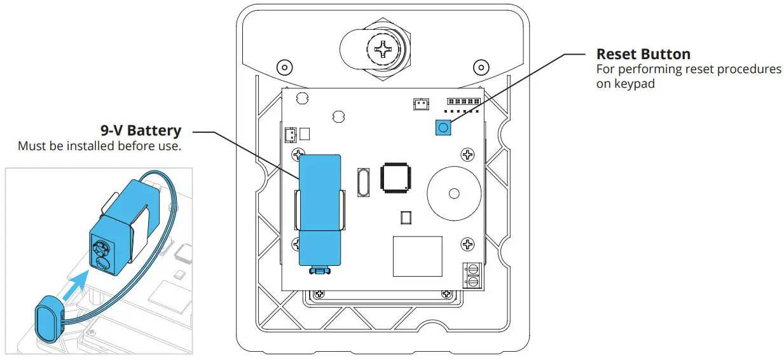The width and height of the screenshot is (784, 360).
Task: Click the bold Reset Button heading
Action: pyautogui.click(x=643, y=54)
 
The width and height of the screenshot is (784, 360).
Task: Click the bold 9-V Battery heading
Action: pyautogui.click(x=141, y=130)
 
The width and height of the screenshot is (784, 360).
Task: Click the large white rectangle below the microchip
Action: pyautogui.click(x=417, y=256)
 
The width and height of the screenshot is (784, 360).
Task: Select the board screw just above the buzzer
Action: pyautogui.click(x=467, y=154)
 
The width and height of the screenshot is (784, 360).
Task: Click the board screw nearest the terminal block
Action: pyautogui.click(x=467, y=244)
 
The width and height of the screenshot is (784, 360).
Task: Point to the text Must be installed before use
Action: pyautogui.click(x=99, y=146)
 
